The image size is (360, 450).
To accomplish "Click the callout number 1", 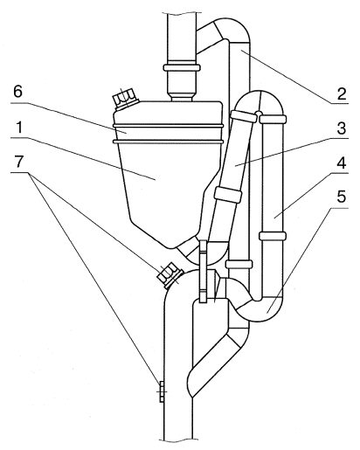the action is [18, 128].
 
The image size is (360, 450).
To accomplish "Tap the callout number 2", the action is [342, 93].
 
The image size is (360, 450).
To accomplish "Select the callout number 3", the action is [342, 128].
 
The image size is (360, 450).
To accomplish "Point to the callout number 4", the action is [342, 163].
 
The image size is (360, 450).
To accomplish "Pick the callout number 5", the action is [342, 197].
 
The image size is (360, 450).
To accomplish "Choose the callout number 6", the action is [18, 92].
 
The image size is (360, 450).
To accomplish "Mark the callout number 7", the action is [18, 162].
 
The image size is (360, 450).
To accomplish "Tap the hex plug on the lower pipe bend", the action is [170, 275].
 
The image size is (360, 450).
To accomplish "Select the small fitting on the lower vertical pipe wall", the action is [161, 391].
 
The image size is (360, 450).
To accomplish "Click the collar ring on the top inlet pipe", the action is [182, 68].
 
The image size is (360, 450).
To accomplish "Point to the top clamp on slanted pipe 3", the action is [244, 115].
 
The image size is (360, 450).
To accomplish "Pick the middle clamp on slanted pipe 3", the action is [228, 195].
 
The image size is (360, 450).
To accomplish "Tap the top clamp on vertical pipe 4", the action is [273, 119].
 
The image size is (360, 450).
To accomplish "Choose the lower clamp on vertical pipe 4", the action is [273, 236].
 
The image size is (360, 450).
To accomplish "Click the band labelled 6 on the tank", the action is [168, 134].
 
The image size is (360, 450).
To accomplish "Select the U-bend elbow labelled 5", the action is [258, 308].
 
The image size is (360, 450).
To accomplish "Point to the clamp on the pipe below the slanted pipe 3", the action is [239, 264].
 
